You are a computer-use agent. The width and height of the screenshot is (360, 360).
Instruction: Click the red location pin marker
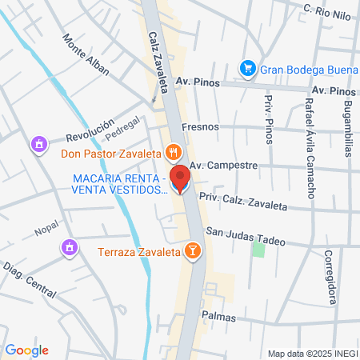click(181, 178)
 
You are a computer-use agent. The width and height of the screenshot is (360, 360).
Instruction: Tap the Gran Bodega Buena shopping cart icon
click(248, 68)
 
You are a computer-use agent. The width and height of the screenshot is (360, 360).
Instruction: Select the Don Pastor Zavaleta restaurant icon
click(174, 150)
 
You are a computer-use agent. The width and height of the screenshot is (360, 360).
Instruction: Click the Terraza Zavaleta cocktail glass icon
click(192, 251)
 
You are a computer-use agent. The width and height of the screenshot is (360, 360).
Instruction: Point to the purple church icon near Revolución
click(38, 145)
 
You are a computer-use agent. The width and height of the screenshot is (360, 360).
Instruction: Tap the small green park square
click(258, 248)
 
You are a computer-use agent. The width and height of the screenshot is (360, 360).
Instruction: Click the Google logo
click(26, 350)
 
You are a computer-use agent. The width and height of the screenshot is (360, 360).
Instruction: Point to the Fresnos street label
click(199, 126)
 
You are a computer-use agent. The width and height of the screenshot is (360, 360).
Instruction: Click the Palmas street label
click(218, 316)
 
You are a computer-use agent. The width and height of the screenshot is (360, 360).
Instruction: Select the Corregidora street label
click(329, 277)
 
